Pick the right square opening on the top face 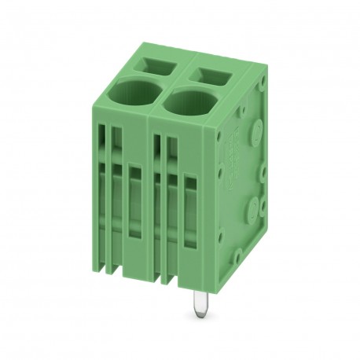click(x=211, y=75)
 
